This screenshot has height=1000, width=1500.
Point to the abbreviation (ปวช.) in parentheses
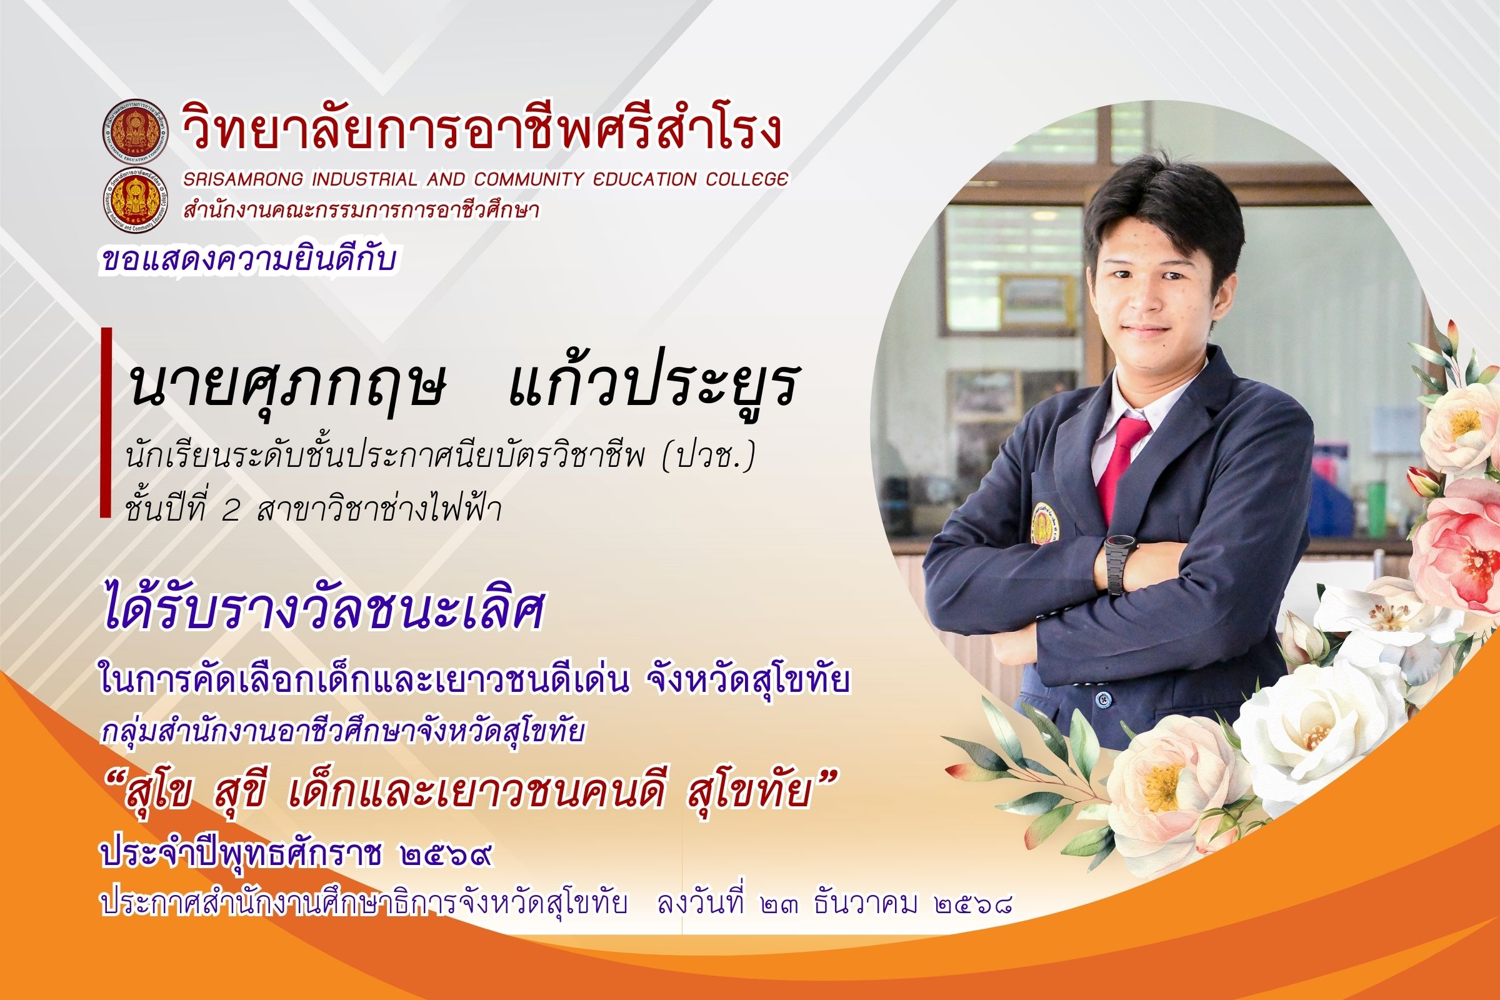708,459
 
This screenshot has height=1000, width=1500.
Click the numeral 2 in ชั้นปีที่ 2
230,510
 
